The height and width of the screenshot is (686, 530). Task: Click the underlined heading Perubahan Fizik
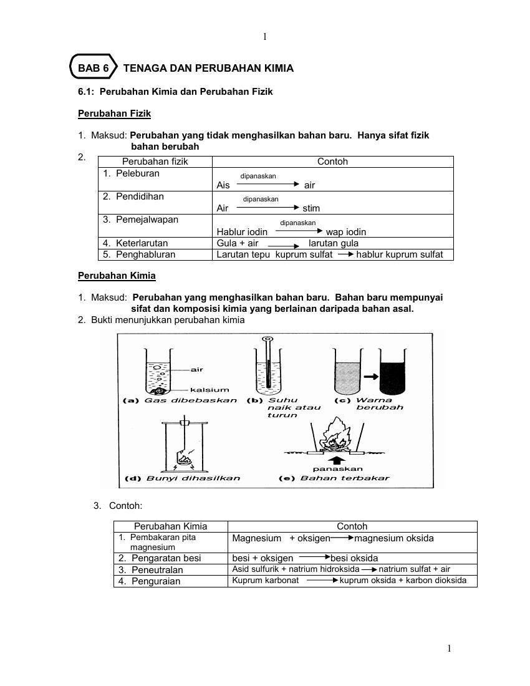pos(114,114)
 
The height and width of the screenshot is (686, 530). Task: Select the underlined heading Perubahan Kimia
pos(117,276)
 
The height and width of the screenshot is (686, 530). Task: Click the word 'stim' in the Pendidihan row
pos(311,208)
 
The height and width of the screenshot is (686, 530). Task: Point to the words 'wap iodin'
pos(346,232)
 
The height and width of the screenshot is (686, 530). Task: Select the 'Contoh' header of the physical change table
pos(332,162)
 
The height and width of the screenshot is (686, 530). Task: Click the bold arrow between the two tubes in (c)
pos(371,377)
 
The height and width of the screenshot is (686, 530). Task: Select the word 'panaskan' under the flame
pos(337,468)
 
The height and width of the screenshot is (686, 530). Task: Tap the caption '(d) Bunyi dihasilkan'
pos(183,478)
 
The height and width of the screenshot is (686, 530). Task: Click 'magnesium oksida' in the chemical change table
pos(394,538)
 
